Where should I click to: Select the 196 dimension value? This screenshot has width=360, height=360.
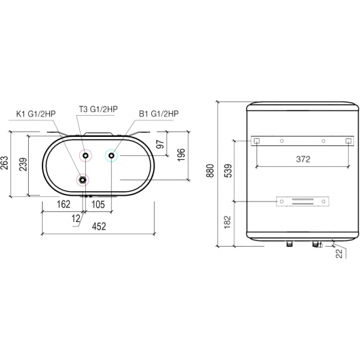[x=181, y=154]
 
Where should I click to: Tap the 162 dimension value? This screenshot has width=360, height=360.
[x=63, y=204]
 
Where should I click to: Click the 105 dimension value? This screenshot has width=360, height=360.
[x=98, y=204]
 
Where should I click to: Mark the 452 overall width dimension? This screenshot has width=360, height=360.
[x=98, y=226]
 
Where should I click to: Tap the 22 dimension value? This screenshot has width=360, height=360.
[x=339, y=255]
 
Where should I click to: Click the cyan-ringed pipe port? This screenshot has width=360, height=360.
[x=111, y=155]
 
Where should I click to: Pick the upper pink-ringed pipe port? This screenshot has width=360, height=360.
[x=84, y=155]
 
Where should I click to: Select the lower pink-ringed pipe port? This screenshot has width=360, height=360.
[x=82, y=180]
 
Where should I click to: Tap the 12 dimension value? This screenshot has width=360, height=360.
[x=76, y=217]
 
